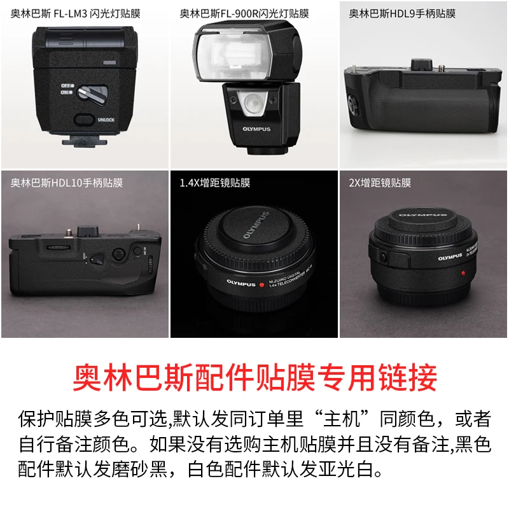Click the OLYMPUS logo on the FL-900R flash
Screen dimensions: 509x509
click(256, 129)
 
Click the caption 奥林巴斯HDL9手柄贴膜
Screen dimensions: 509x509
click(402, 13)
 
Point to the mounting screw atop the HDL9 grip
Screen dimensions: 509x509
click(419, 64)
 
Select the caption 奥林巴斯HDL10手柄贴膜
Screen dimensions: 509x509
click(66, 183)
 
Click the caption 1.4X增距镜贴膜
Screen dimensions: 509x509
click(215, 183)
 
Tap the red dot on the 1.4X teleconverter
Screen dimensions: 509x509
click(261, 284)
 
